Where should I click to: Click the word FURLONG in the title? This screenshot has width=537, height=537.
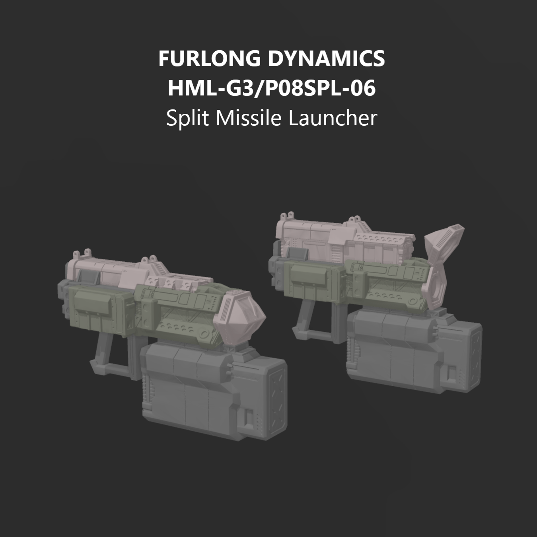[x=209, y=58]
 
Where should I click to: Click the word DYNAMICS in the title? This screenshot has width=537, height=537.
[x=326, y=58]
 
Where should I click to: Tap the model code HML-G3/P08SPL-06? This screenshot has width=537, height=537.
[x=271, y=88]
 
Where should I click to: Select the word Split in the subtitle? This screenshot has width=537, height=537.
[x=187, y=118]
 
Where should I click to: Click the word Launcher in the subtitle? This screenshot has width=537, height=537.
[x=333, y=118]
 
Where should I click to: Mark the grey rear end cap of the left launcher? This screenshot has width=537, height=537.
[x=63, y=298]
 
